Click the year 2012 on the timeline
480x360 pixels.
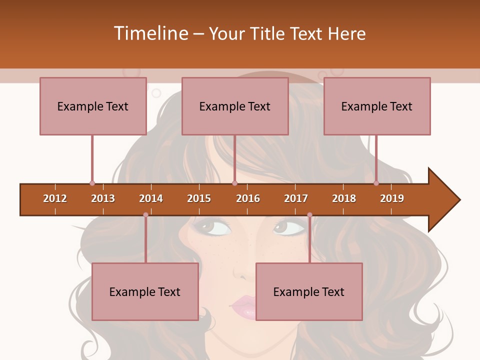point(55,198)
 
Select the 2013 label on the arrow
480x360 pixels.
point(103,198)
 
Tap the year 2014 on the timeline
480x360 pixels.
point(151,198)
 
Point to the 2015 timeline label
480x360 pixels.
point(199,198)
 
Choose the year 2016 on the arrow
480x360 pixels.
point(248,198)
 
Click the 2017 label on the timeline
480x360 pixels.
point(296,198)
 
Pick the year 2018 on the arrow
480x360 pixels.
point(344,198)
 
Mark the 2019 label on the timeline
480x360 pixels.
point(392,198)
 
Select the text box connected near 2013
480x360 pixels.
point(93,106)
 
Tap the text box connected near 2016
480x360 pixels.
point(235,106)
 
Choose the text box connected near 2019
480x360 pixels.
point(377,106)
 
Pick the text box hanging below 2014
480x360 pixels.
point(145,291)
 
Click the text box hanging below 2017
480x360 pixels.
point(309,291)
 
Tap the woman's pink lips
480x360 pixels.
point(243,305)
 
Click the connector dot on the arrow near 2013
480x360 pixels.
point(92,183)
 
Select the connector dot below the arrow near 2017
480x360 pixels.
point(309,215)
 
